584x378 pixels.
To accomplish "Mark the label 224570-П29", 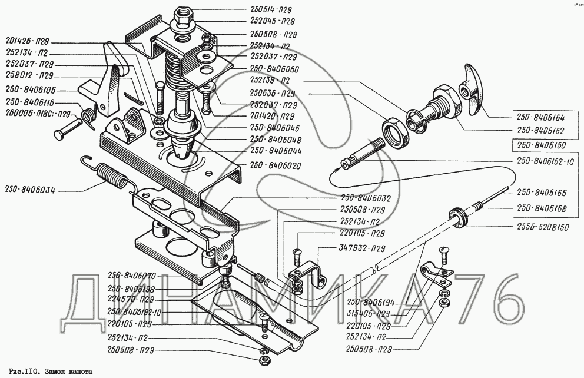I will coord(132,299).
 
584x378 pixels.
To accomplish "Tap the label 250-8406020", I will coord(276,166).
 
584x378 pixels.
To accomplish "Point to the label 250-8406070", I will coord(131,276).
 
